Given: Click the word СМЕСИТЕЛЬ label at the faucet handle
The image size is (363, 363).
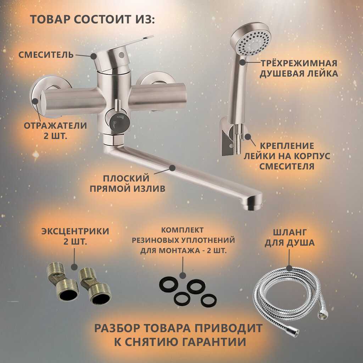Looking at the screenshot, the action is pos(46,55).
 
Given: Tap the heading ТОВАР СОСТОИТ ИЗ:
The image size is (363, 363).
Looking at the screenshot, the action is pos(93,19).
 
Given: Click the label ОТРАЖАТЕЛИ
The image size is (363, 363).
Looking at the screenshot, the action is pos(55,126).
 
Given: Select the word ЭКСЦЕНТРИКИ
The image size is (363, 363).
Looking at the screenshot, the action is pos(75,231).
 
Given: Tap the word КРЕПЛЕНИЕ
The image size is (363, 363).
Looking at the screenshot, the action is pos(287,146).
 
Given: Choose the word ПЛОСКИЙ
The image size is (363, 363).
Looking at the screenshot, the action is pos(126,179).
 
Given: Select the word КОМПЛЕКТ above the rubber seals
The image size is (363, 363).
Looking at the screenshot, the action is pos(182,230).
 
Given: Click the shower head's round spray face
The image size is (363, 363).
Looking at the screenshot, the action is pos(255,43).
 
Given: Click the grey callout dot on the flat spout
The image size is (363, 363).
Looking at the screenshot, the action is pos(172,168).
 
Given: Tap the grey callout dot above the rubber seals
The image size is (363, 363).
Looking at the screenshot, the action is pos(183,275).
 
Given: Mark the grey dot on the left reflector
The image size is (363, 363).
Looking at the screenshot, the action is pos(35,101).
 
